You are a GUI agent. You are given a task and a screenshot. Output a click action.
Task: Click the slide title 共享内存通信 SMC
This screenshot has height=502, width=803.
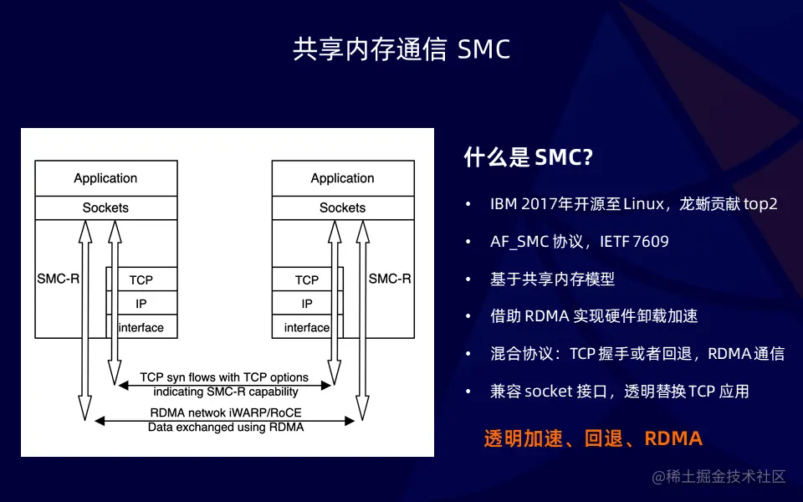point(401,49)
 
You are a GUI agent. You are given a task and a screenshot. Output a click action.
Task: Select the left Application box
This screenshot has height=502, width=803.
point(105,178)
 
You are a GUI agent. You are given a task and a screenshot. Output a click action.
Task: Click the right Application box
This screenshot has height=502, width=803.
point(342,178)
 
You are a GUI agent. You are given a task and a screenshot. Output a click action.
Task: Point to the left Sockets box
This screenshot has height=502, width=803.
point(105,207)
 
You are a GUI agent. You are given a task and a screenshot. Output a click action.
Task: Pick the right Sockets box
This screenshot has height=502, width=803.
point(342,207)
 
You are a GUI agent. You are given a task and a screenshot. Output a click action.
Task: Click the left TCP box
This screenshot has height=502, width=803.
point(141,279)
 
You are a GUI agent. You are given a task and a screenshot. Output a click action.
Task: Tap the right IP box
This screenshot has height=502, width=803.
point(307,304)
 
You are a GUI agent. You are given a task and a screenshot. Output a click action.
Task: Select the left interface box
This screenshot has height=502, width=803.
point(141,327)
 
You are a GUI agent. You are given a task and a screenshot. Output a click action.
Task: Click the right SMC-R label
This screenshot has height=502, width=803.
point(390,279)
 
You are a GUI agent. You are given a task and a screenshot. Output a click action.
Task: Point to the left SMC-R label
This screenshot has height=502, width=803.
point(58,279)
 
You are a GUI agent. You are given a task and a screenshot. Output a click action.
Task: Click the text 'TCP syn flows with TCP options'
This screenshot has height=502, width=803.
point(224,377)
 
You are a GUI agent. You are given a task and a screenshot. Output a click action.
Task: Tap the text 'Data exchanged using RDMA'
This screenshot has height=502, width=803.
point(225,427)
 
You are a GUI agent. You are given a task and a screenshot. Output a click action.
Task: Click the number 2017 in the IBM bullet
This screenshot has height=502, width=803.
point(538,204)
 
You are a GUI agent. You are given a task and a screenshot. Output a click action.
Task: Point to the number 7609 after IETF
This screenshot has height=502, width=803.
point(651,242)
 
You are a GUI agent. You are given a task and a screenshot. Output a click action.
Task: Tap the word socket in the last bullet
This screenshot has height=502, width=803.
point(549,391)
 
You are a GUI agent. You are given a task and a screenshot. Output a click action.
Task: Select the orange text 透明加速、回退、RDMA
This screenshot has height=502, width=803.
point(593,438)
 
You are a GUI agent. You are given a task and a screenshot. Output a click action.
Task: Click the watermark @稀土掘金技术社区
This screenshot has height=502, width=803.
point(719,477)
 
